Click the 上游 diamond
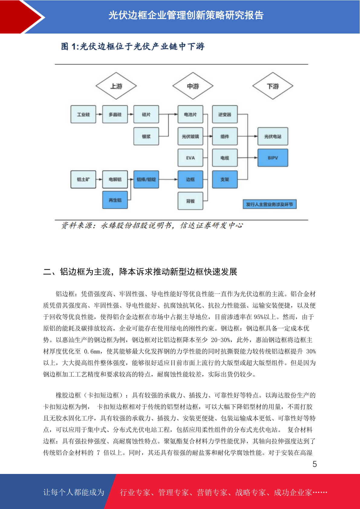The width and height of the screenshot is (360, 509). tap(116, 86)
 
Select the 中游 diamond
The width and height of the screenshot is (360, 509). tap(193, 86)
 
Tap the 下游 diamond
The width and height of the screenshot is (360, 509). tap(273, 86)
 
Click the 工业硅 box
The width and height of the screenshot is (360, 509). tap(83, 114)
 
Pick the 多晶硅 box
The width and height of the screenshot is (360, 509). tap(115, 114)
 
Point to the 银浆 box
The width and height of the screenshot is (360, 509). tap(146, 136)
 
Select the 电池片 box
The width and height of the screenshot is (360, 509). tap(190, 114)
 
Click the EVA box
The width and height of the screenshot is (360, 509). tap(190, 158)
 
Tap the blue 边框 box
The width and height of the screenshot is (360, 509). tap(190, 180)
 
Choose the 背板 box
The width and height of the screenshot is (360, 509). tap(190, 201)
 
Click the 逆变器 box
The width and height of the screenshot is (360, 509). tap(225, 114)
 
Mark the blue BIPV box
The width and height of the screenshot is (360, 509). tap(273, 158)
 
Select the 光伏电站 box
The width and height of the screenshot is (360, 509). tap(273, 136)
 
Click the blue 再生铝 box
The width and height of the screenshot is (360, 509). tap(115, 200)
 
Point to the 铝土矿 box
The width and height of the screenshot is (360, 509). tap(83, 180)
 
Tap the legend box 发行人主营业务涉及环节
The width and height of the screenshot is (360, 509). tap(270, 204)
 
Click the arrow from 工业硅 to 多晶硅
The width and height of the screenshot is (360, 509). tap(99, 114)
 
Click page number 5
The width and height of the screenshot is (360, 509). tap(315, 464)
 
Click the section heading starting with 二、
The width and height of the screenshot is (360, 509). tap(140, 271)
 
